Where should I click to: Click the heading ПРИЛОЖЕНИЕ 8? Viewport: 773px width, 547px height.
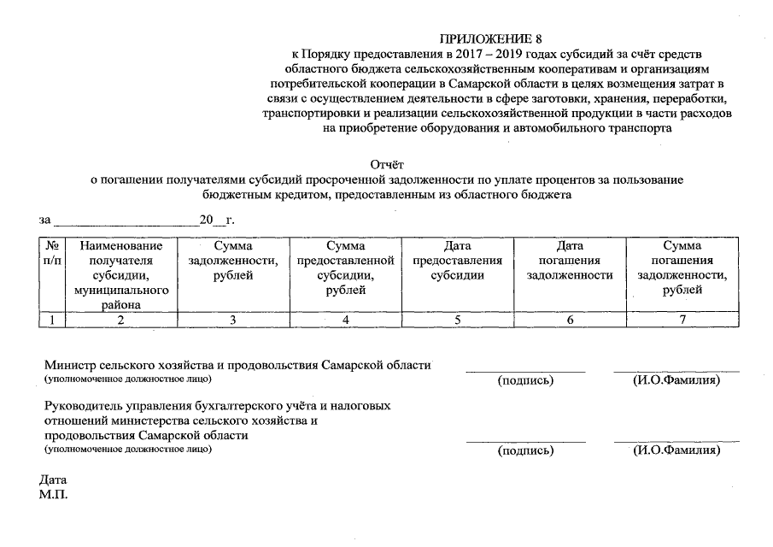click(490, 39)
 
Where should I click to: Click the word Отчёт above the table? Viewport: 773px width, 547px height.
click(386, 164)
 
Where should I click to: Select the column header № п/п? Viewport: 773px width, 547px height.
click(52, 253)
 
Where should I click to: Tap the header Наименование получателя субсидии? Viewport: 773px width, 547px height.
click(120, 274)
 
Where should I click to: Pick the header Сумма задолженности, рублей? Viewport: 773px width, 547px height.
click(232, 261)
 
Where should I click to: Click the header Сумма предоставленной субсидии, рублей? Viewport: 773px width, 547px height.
click(345, 268)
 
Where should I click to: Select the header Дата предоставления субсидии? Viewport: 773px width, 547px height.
click(457, 261)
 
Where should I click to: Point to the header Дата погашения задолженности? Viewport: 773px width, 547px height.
click(570, 261)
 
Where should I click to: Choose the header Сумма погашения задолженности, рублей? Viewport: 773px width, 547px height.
click(682, 268)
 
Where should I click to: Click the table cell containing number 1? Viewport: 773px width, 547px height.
click(52, 320)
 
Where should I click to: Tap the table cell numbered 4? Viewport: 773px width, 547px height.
click(345, 320)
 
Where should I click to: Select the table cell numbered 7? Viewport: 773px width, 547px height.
click(682, 320)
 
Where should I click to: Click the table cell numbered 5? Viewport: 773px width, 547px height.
click(457, 320)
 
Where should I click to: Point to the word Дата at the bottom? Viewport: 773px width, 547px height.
click(53, 480)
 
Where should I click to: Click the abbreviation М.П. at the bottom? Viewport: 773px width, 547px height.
click(53, 494)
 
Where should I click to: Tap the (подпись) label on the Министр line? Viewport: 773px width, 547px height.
click(525, 380)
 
